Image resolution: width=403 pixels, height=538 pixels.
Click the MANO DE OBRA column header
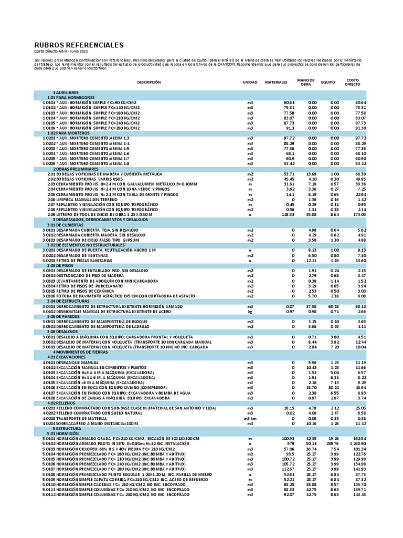[305, 82]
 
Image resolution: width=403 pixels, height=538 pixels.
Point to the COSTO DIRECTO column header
[353, 82]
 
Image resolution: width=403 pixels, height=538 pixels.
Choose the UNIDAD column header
[250, 82]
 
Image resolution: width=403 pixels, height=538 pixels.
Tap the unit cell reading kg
[250, 312]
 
